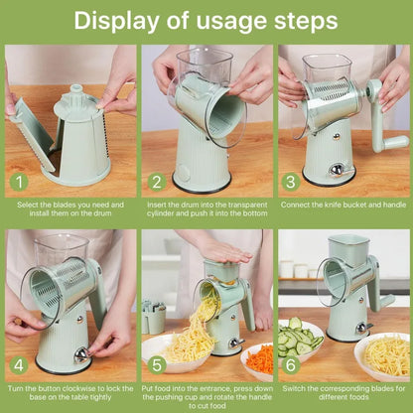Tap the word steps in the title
308,20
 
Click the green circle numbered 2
155,182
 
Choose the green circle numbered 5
155,364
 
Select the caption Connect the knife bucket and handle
344,205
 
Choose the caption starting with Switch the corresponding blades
344,392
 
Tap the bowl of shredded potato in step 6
382,353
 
